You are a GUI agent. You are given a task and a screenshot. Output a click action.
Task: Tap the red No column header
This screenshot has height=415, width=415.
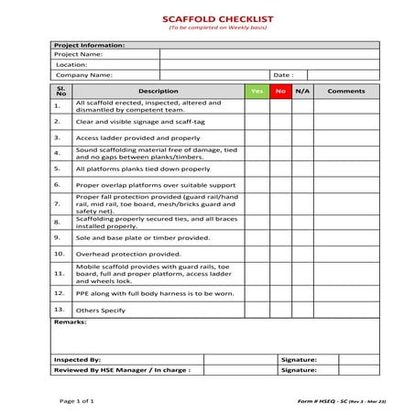(280, 91)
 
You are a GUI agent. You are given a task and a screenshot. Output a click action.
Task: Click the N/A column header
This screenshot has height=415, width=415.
(303, 91)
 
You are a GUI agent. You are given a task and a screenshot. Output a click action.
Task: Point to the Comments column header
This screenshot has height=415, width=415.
(346, 91)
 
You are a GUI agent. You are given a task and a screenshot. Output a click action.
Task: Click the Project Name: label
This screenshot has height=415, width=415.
(78, 54)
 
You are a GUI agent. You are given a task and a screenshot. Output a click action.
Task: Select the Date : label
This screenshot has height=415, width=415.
(282, 75)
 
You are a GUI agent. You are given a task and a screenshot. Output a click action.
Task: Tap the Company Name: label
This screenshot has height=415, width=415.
(83, 75)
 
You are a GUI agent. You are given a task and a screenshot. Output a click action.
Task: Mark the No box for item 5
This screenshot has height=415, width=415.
(280, 169)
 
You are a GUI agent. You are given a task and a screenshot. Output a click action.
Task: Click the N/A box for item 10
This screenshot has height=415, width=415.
(303, 254)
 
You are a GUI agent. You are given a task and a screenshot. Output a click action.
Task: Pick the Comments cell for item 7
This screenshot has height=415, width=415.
(346, 203)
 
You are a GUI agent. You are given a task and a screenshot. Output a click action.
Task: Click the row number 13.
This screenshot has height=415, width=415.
(58, 311)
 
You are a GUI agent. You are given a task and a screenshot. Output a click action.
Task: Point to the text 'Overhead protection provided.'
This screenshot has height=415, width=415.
(128, 254)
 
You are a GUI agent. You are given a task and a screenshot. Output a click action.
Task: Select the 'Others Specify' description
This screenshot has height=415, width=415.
(101, 311)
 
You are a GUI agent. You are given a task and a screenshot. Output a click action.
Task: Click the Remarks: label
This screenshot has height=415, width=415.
(71, 323)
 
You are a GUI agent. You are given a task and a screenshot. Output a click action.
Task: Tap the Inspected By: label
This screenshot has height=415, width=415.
(77, 360)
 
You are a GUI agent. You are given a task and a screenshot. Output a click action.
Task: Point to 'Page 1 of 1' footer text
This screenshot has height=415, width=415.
(78, 401)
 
